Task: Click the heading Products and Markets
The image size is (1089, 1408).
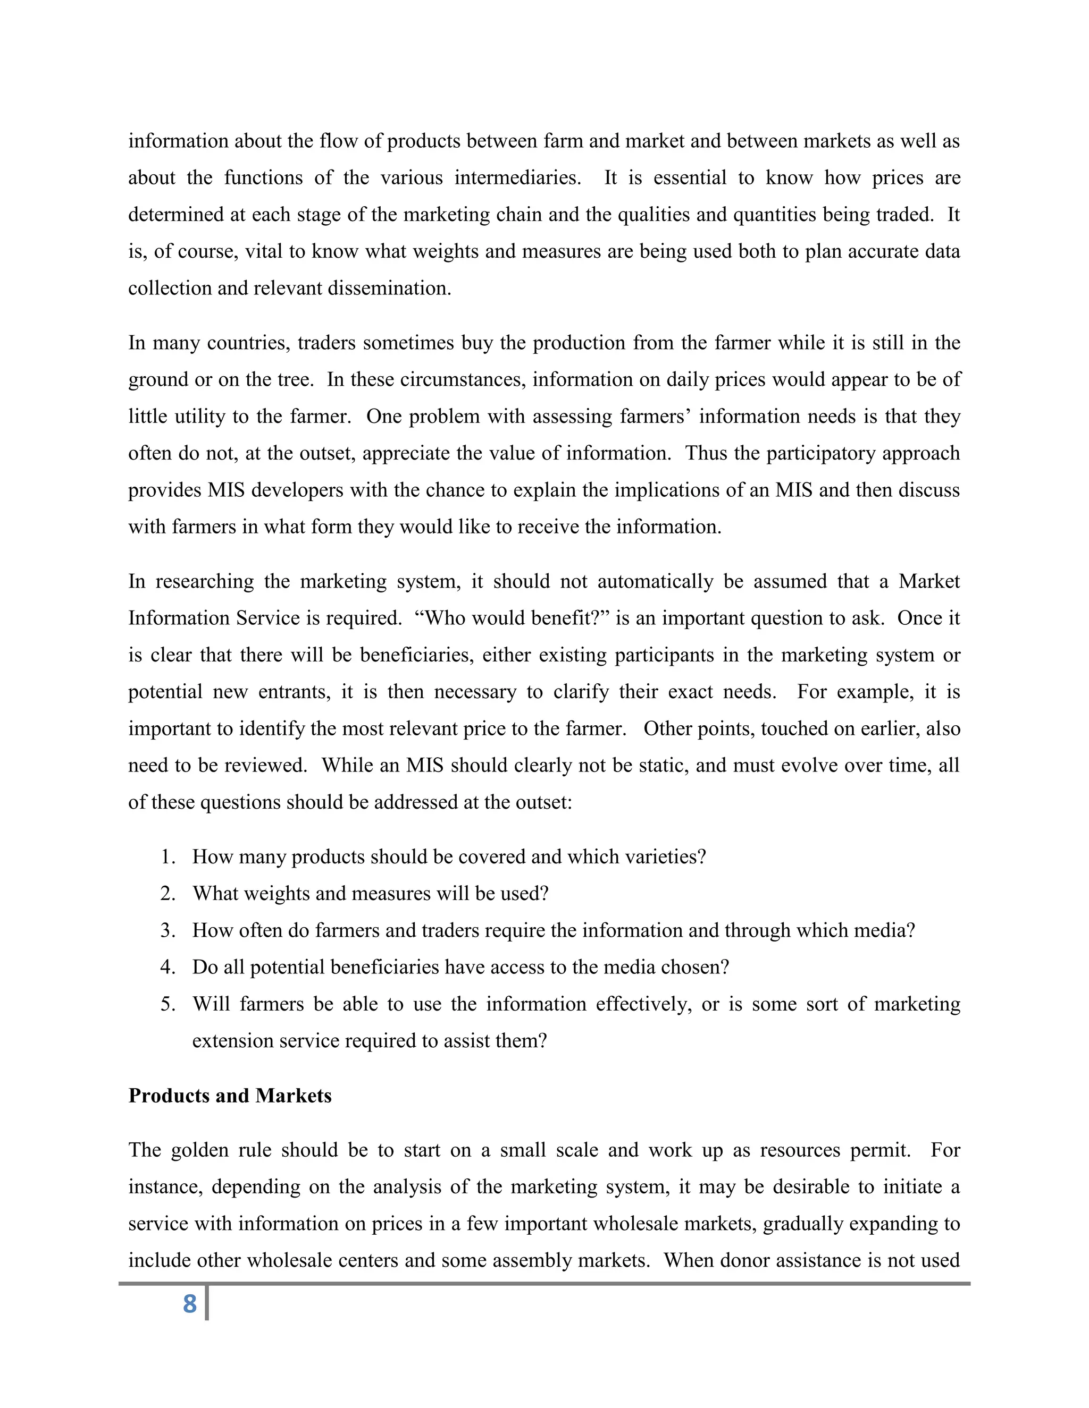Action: point(230,1096)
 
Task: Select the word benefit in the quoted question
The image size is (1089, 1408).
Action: point(569,618)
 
